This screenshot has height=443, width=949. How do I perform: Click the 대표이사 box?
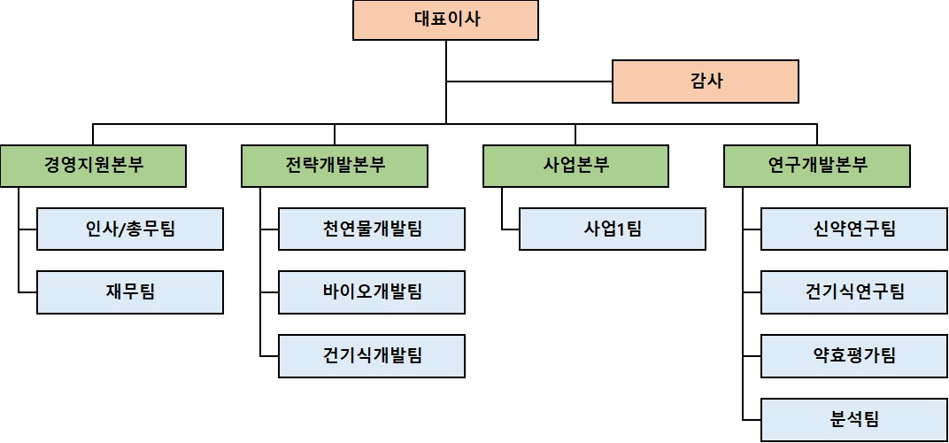click(446, 20)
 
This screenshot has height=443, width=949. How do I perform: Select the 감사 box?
click(706, 82)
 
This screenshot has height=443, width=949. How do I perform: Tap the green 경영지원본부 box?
click(93, 166)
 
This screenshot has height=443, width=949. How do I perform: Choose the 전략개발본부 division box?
click(335, 166)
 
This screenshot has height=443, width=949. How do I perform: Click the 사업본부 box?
click(575, 166)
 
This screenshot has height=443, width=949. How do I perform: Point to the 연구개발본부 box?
click(817, 166)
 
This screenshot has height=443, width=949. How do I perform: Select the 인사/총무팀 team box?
click(130, 229)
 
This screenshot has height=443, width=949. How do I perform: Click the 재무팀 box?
click(130, 292)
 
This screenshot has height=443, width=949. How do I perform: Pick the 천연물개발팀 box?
click(372, 229)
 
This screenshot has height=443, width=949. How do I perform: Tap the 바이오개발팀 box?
click(372, 292)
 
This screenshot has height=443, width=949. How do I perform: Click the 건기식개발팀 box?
click(372, 356)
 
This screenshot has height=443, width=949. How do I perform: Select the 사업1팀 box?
click(613, 229)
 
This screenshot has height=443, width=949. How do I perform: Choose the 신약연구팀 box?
click(854, 229)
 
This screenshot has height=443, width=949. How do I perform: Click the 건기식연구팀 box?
click(854, 292)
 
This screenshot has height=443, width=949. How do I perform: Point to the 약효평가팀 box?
click(854, 356)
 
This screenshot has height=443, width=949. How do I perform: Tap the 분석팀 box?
click(854, 420)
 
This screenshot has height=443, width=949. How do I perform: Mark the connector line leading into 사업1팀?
click(510, 229)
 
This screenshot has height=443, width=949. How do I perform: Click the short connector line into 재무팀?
click(27, 292)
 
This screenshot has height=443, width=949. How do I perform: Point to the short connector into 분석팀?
click(752, 420)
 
